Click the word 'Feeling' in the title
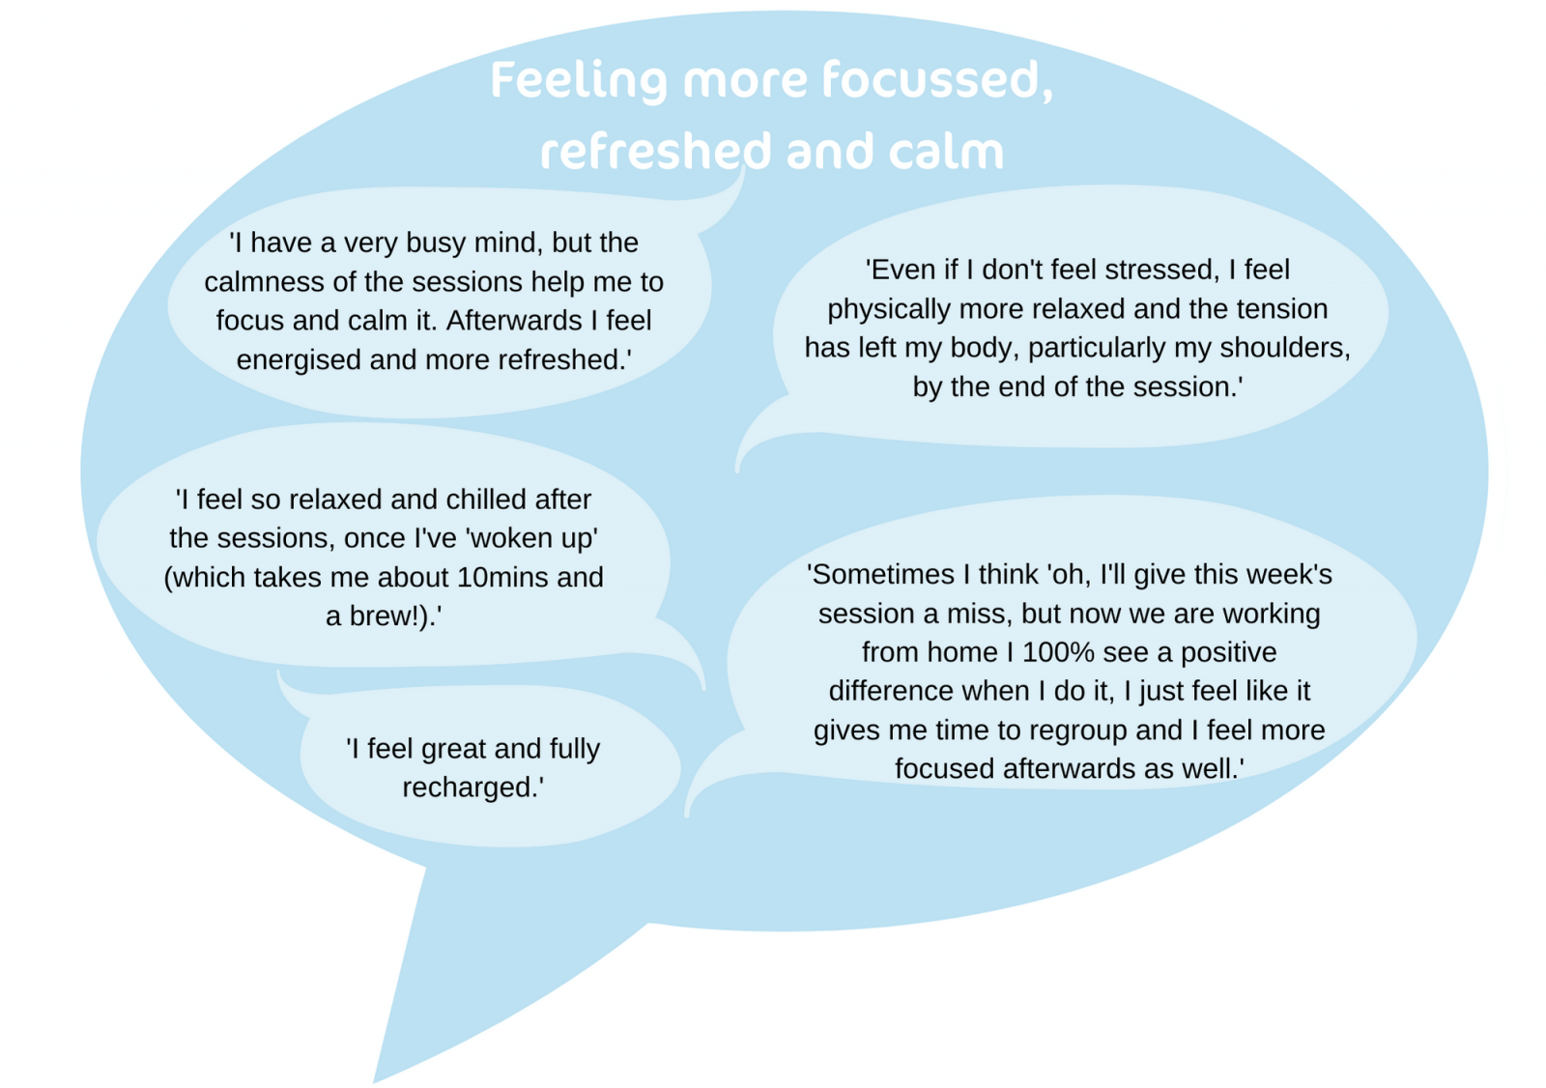[x=579, y=82]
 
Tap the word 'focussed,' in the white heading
[x=938, y=81]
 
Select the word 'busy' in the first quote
[x=435, y=243]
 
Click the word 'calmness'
[x=264, y=282]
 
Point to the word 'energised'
[x=299, y=360]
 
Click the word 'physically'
[x=890, y=309]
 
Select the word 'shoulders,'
[x=1285, y=348]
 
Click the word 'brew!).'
[x=395, y=616]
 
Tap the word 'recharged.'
[x=473, y=787]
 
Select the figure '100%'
[x=1058, y=652]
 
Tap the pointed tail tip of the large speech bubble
[x=373, y=1082]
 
